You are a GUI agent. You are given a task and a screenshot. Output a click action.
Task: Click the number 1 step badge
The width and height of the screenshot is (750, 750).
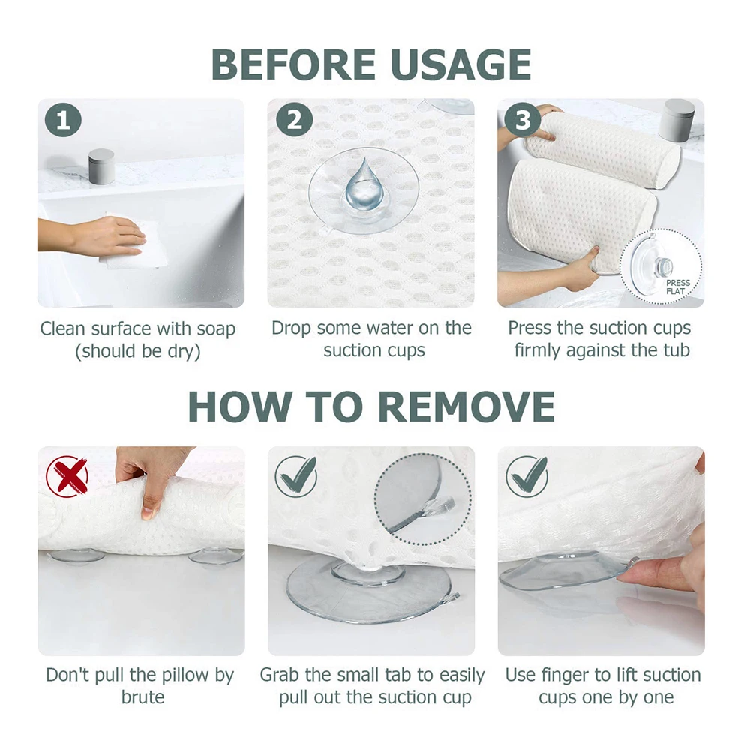coord(63,121)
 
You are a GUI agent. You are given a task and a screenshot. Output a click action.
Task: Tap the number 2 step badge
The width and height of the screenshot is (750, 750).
coord(294,121)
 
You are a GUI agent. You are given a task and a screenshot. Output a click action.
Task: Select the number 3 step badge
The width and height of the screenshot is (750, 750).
coord(523,121)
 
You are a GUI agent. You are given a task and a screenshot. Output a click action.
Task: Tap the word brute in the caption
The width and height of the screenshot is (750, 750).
coord(142,697)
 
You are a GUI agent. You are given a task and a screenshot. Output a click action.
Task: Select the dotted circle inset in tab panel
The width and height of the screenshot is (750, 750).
coord(424,495)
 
